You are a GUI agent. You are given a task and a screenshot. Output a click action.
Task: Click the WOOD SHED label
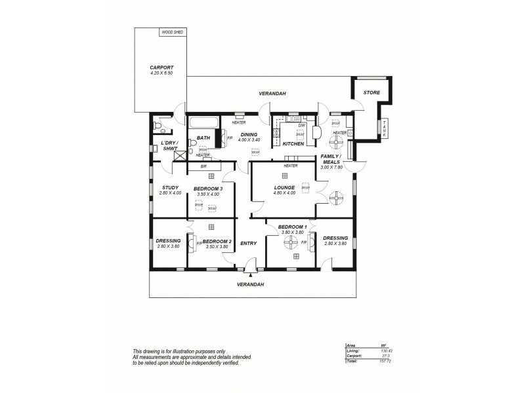[173, 31]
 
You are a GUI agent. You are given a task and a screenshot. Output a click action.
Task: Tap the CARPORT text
[161, 67]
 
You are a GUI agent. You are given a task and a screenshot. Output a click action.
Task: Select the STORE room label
[371, 93]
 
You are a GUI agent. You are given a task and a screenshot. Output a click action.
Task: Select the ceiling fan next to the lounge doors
[336, 196]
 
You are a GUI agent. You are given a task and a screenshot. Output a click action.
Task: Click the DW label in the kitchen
[301, 125]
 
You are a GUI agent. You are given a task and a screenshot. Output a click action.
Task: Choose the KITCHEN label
[293, 143]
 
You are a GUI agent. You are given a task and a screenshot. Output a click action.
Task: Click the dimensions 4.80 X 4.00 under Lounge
[285, 193]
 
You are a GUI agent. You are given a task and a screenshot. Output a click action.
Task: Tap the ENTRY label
[249, 243]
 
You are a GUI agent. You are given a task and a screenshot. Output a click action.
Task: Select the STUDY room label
[171, 188]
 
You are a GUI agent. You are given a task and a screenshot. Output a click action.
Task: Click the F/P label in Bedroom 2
[198, 244]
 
